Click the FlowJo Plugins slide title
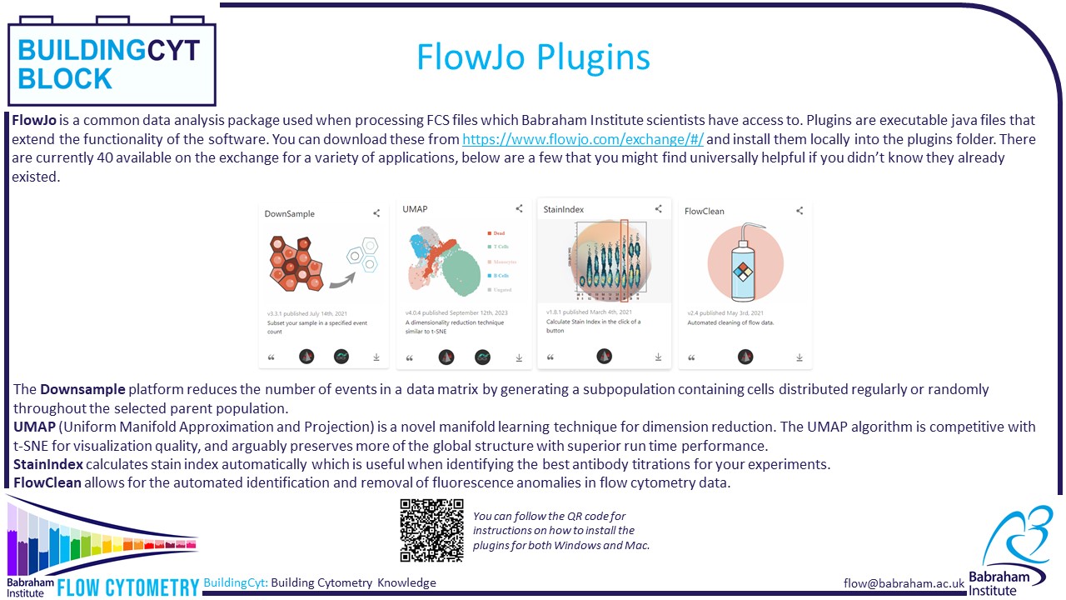pos(533,57)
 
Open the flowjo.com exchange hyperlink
pos(582,139)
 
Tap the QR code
pos(431,531)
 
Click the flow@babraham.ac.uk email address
pos(904,583)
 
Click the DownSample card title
pos(290,213)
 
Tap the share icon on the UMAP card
pos(519,209)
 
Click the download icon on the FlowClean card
pos(799,357)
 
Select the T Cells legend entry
pos(500,247)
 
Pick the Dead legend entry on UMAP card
pos(498,233)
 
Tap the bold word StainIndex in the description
pos(47,463)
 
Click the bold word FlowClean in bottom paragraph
pos(47,482)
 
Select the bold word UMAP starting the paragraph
pos(32,427)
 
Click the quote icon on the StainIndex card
pos(550,357)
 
